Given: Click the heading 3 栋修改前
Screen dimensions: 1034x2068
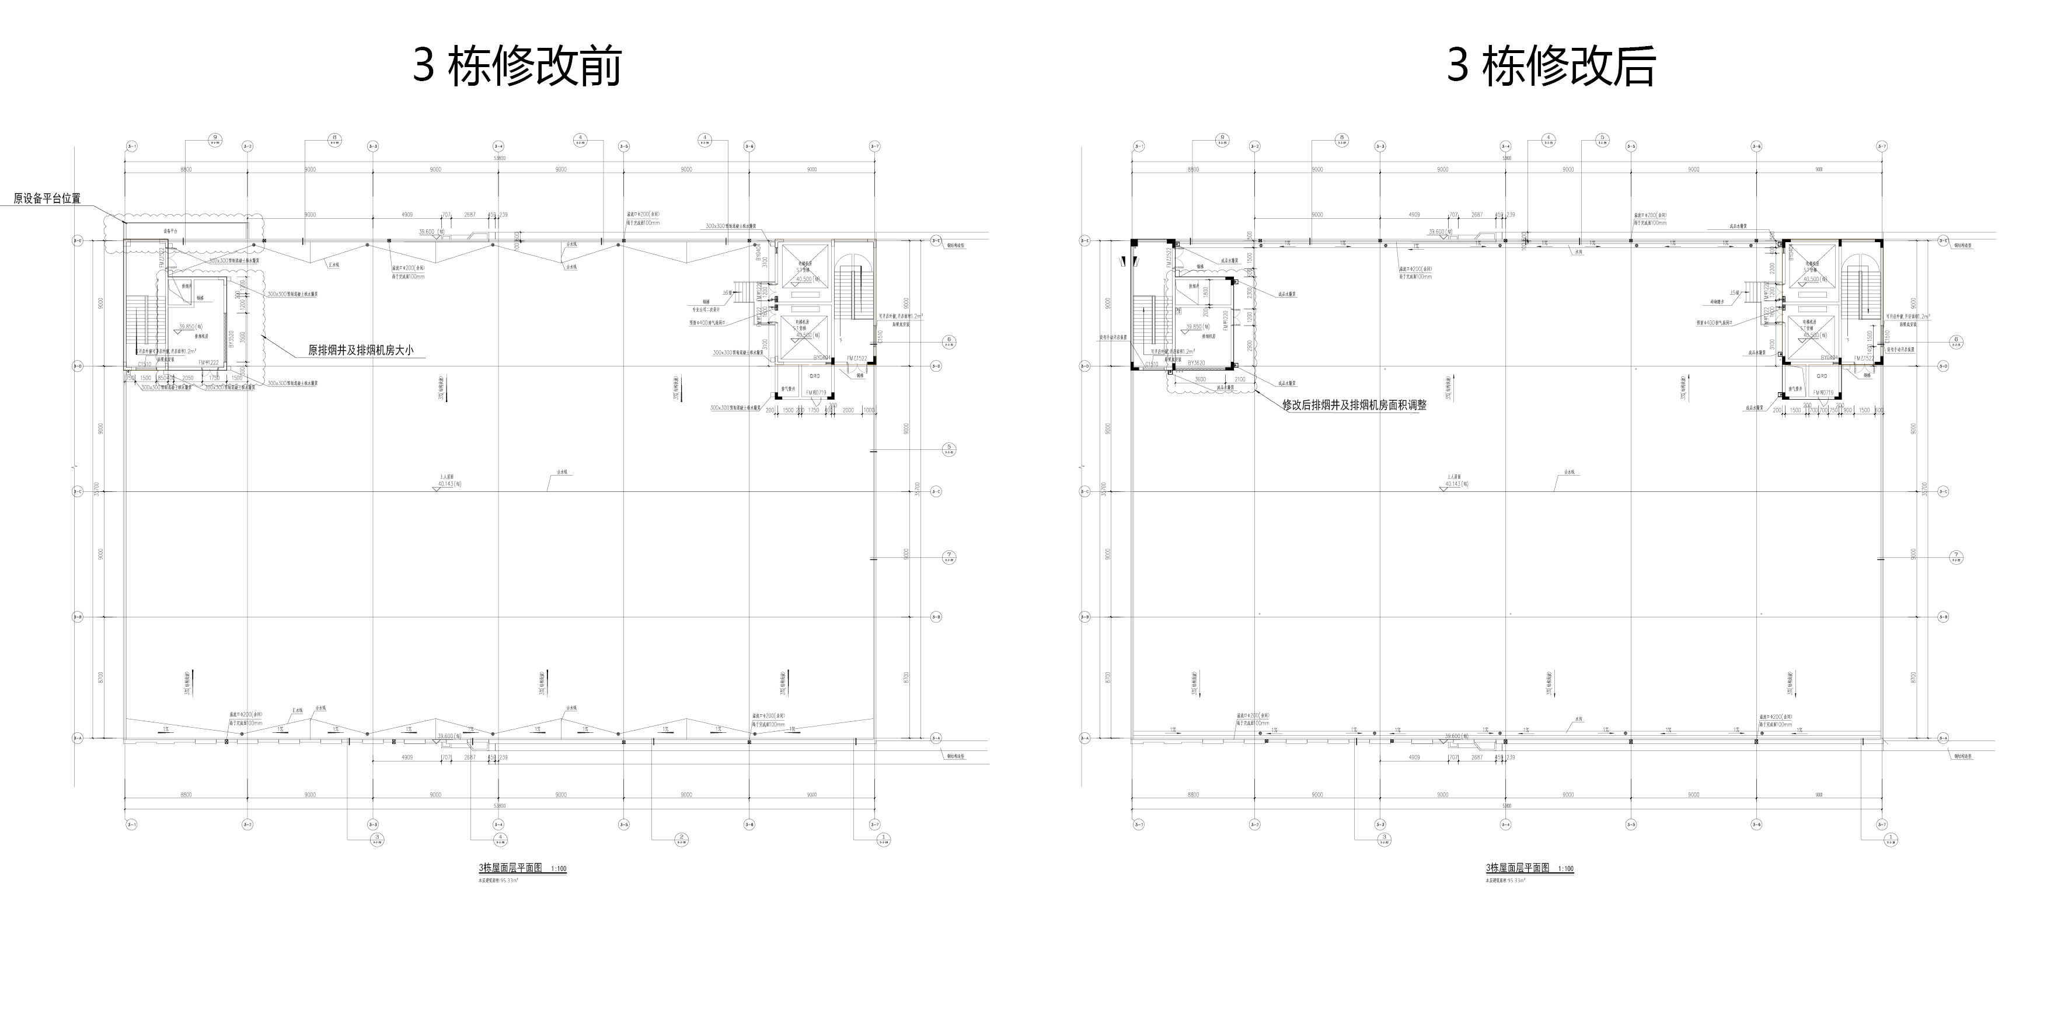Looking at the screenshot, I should click(517, 66).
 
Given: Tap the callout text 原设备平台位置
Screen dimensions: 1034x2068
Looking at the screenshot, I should click(47, 198).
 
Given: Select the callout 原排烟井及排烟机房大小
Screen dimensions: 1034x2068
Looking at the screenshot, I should click(361, 351).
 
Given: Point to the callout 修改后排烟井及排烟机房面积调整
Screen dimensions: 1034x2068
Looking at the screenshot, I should click(1354, 406).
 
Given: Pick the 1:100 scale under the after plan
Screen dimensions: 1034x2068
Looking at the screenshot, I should click(1565, 869).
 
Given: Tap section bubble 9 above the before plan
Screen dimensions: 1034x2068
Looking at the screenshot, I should click(215, 139).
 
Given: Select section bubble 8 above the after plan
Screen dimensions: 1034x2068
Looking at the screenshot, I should click(1341, 139).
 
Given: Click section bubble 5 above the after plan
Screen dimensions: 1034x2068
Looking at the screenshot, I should click(1602, 139).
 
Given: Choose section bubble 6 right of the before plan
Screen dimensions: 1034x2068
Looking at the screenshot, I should click(949, 340).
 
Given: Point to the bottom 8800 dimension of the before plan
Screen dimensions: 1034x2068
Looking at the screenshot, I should click(186, 795).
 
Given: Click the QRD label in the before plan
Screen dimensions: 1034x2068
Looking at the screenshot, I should click(813, 376).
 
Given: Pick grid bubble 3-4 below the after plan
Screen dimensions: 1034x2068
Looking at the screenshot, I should click(1505, 825).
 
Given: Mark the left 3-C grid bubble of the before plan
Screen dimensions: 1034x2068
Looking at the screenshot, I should click(78, 491).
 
